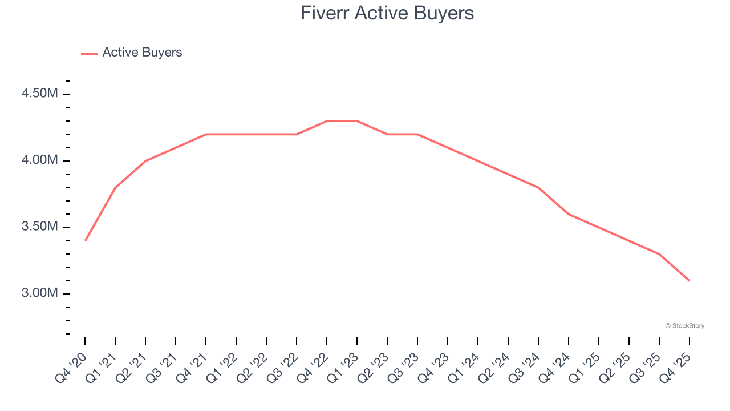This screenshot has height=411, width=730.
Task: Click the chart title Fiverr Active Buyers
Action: click(x=387, y=13)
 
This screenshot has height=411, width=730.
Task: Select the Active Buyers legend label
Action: click(x=142, y=53)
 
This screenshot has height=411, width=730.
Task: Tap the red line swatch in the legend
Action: click(x=90, y=53)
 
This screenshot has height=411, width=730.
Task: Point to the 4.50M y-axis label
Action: click(x=40, y=94)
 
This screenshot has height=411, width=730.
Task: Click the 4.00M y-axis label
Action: click(x=40, y=160)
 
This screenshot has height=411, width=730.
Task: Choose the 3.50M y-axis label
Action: click(x=40, y=227)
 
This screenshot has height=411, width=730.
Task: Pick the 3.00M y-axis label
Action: click(x=40, y=293)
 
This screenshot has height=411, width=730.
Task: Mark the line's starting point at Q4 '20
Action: click(x=85, y=240)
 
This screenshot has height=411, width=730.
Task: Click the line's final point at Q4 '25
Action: click(x=689, y=280)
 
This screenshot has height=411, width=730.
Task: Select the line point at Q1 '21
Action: click(x=115, y=187)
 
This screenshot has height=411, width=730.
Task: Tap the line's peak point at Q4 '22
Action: click(x=327, y=121)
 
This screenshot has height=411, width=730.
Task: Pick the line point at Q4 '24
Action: click(x=569, y=214)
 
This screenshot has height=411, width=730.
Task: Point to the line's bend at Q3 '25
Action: click(x=659, y=254)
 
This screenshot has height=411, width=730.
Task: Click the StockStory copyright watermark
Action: click(x=684, y=326)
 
